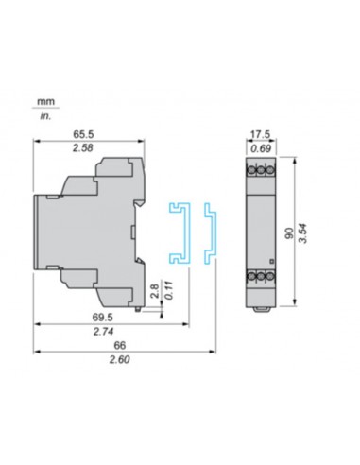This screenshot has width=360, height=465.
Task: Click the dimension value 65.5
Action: (87, 135)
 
